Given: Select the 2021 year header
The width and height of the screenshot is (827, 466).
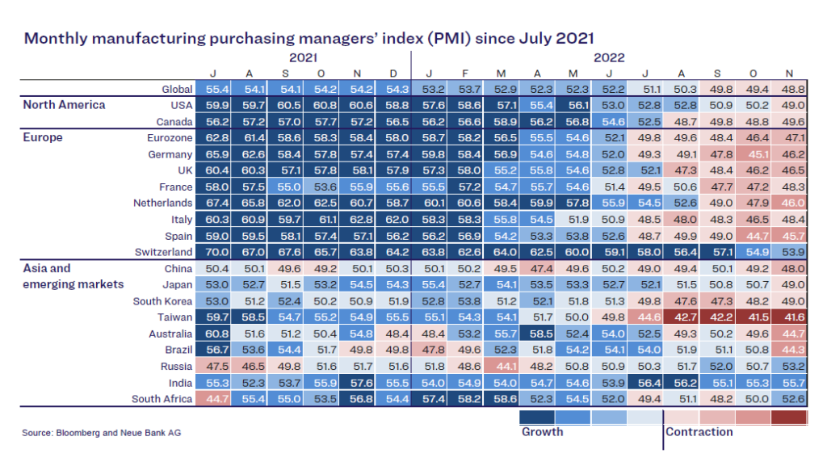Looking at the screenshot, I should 303,58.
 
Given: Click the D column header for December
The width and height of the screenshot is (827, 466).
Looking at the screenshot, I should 393,74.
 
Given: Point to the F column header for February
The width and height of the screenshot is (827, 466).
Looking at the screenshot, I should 464,74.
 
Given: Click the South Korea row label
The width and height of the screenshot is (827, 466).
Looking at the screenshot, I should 162,300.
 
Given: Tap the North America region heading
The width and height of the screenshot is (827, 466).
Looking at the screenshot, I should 64,105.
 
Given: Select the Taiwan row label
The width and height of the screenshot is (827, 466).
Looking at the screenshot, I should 175,317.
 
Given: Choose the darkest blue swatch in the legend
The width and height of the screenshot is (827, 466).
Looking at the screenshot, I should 535,417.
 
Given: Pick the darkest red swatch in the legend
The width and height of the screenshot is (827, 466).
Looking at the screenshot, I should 789,417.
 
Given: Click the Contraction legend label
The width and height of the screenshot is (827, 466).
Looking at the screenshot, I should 699,432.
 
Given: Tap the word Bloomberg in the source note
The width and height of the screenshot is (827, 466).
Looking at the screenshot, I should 81,433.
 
